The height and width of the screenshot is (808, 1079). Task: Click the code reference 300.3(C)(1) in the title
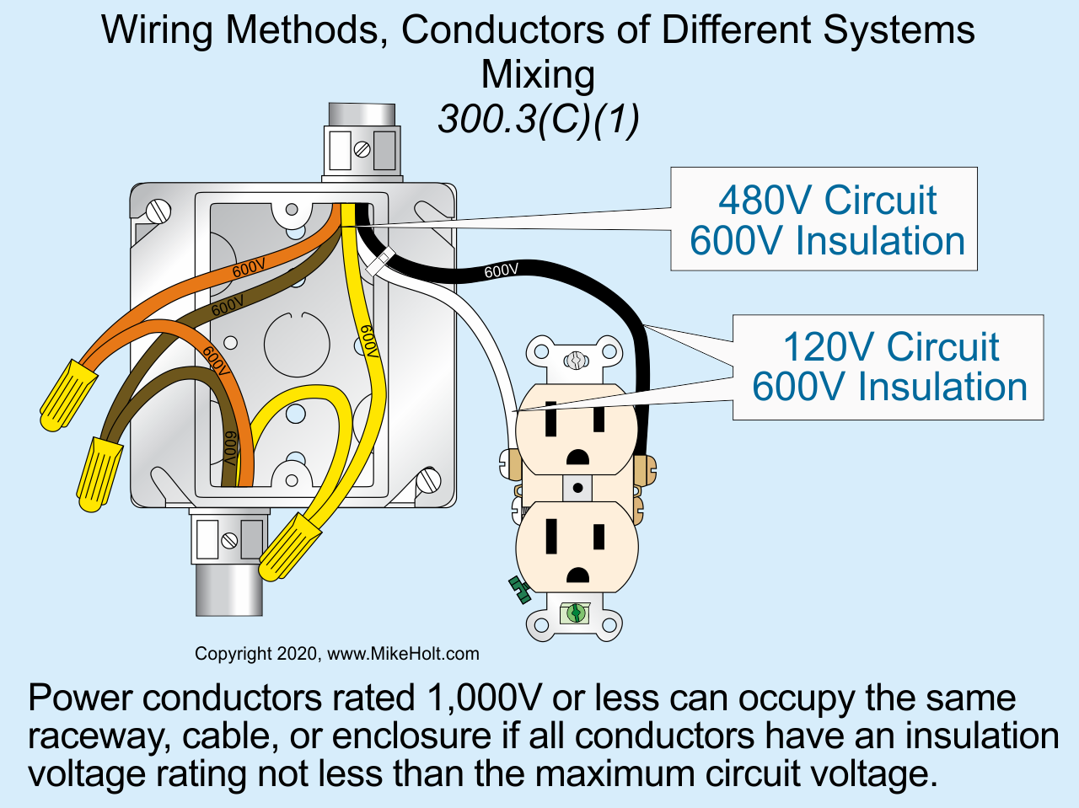[539, 119]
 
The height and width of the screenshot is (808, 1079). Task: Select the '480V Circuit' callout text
[827, 201]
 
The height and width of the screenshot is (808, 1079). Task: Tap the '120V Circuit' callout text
[890, 347]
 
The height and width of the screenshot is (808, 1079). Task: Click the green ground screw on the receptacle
[577, 613]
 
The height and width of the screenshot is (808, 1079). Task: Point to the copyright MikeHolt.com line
[337, 654]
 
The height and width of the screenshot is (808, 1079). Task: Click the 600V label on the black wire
[502, 270]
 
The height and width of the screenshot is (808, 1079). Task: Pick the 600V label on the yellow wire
[368, 341]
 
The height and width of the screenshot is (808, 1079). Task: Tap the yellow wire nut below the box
[288, 548]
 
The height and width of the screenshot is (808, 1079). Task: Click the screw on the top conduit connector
[362, 150]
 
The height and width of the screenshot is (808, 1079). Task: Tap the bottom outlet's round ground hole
[577, 575]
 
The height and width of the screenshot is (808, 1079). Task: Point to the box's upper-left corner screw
[157, 210]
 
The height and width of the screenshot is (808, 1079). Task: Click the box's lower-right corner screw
[429, 481]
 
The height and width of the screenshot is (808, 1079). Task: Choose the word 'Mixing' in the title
[538, 74]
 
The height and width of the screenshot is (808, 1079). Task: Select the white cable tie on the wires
[380, 261]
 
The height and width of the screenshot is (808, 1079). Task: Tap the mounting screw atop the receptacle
[577, 361]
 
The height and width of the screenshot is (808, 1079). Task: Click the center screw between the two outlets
[577, 488]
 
